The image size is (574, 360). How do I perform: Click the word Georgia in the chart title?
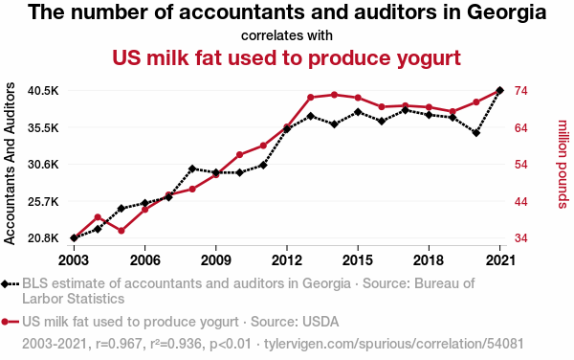(506, 13)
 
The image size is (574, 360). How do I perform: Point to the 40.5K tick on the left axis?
(43, 90)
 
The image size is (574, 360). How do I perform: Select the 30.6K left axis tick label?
(43, 165)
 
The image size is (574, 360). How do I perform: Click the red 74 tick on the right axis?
(521, 90)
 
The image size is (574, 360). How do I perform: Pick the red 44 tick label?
(521, 202)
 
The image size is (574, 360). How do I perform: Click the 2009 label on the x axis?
(216, 260)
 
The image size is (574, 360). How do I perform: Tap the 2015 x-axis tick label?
(358, 260)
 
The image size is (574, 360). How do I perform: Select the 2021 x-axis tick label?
(500, 260)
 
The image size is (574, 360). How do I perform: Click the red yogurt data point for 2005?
(121, 231)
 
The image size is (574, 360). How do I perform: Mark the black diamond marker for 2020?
(476, 133)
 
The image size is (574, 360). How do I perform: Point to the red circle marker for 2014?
(334, 95)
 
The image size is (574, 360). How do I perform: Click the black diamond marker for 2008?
(192, 169)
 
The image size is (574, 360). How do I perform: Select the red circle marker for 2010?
(240, 154)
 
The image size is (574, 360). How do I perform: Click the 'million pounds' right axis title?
(563, 164)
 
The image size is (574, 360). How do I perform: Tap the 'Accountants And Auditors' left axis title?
(10, 164)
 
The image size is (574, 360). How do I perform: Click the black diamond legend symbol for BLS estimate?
(5, 283)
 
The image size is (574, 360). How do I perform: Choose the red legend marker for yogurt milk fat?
(5, 322)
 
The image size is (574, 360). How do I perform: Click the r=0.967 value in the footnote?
(119, 344)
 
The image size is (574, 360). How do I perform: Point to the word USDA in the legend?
(320, 322)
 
